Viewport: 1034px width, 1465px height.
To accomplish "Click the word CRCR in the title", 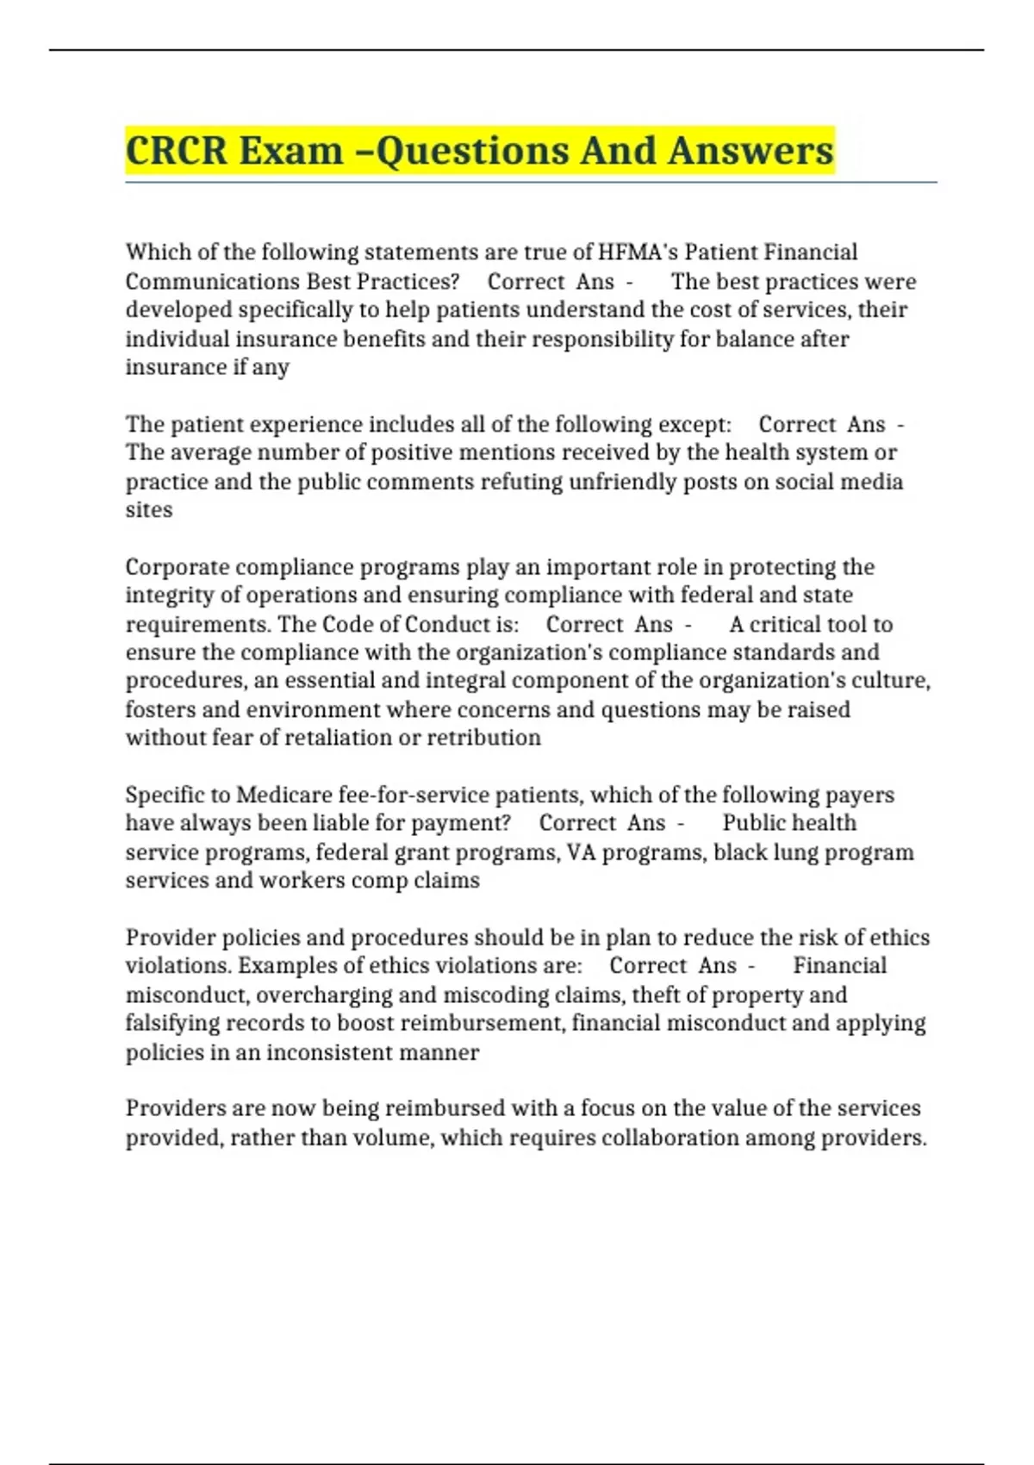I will pyautogui.click(x=177, y=151).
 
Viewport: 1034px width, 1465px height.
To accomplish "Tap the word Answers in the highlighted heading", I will pyautogui.click(x=751, y=151).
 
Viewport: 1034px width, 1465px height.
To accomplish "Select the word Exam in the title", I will pyautogui.click(x=290, y=151).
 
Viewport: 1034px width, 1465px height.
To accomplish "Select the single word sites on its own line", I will pyautogui.click(x=149, y=510).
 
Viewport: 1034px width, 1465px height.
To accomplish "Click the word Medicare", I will pyautogui.click(x=283, y=795).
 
